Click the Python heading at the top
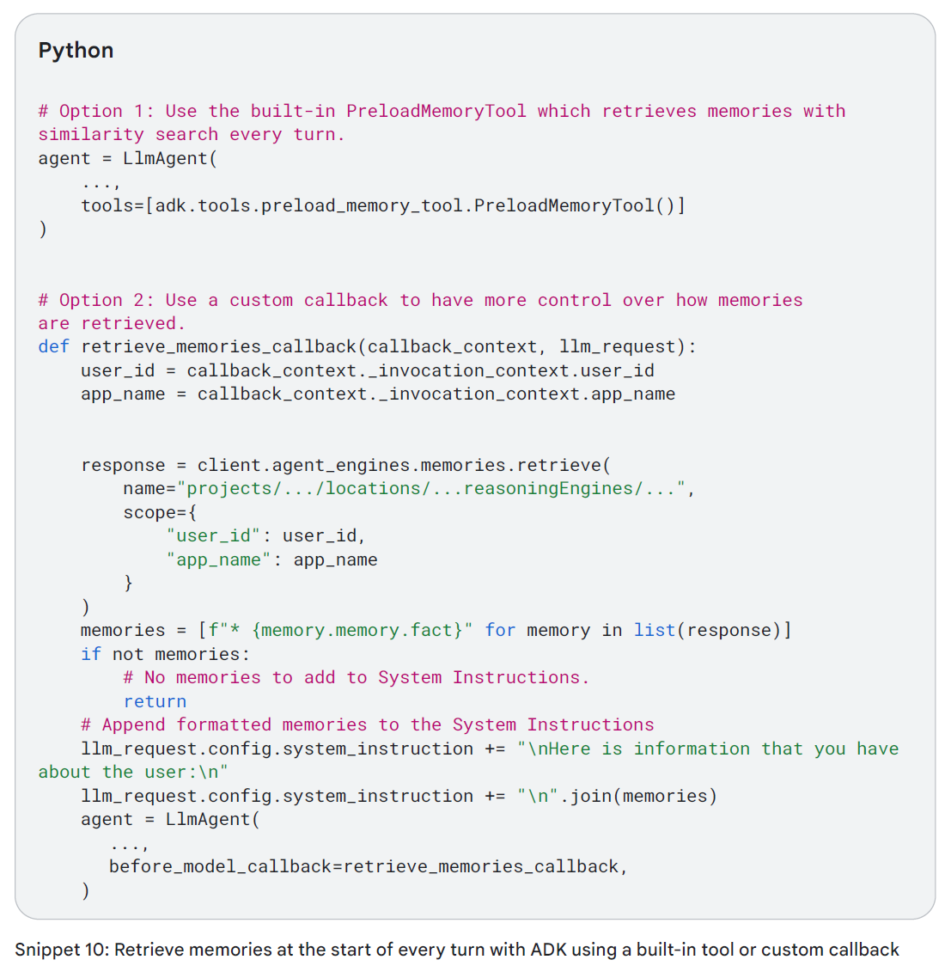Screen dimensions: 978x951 (76, 50)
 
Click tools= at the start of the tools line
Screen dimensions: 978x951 (113, 205)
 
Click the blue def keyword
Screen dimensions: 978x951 (53, 346)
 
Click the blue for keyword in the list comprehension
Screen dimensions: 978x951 (500, 630)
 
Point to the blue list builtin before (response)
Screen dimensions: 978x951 (655, 630)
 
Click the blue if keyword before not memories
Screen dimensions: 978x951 (91, 654)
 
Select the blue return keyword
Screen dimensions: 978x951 (155, 701)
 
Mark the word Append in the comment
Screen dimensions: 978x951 (134, 724)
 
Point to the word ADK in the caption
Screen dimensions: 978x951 (548, 950)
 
